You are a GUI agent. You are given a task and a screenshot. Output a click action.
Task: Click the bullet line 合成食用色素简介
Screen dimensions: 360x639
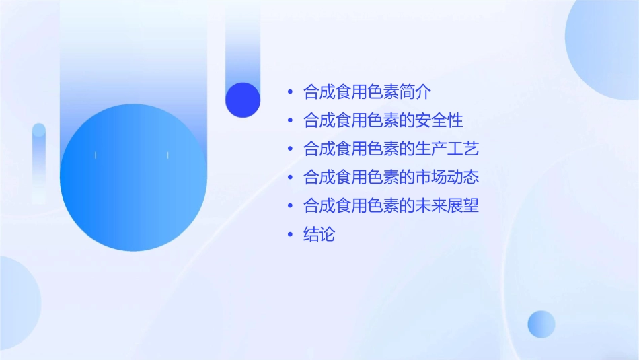click(367, 92)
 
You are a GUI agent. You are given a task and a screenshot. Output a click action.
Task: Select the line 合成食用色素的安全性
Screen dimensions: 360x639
click(383, 120)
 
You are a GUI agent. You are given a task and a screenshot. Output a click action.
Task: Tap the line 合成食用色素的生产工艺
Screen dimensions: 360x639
click(391, 149)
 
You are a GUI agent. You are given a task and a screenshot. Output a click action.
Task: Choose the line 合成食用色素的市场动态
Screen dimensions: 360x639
click(391, 178)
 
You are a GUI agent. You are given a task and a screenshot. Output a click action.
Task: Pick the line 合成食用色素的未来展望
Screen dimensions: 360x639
click(391, 206)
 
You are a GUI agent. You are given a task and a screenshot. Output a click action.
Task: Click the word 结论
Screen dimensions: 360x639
click(319, 235)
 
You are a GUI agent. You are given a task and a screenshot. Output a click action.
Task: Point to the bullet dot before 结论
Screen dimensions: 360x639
click(290, 235)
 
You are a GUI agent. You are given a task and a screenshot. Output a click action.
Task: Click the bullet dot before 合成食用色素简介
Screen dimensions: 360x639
click(290, 92)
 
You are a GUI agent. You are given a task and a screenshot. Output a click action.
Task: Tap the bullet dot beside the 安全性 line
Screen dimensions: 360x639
click(290, 121)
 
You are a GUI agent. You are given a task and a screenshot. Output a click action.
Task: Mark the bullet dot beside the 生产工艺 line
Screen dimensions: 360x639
click(290, 149)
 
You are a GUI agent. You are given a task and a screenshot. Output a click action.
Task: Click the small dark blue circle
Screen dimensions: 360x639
click(243, 100)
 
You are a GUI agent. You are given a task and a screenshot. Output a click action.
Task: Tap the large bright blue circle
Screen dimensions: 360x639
click(133, 178)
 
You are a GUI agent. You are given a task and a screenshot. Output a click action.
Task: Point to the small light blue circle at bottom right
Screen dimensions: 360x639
click(541, 324)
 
